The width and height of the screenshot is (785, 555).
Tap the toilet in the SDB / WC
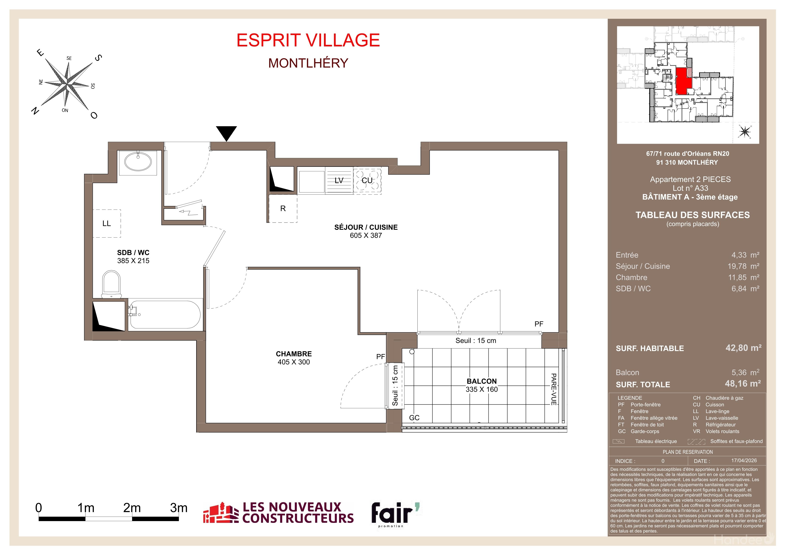click(x=111, y=284)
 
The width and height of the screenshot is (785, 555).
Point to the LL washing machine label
click(x=107, y=224)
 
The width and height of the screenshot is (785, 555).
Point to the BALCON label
click(x=482, y=381)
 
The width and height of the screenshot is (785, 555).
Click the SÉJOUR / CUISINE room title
click(x=366, y=227)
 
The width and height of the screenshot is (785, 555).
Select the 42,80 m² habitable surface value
click(x=744, y=348)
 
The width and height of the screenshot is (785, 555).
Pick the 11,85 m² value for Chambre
click(x=744, y=277)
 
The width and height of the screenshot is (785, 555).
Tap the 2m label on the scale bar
click(x=132, y=508)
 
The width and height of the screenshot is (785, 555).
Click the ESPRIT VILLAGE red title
click(x=308, y=40)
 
